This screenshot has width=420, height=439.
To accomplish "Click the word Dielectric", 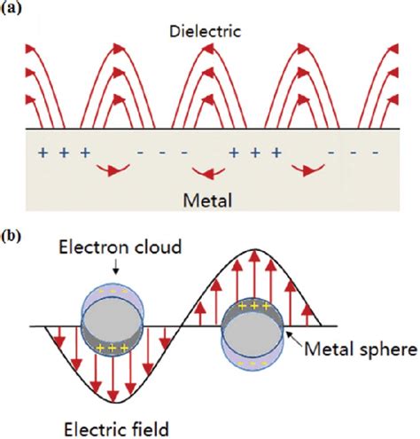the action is coord(206,31).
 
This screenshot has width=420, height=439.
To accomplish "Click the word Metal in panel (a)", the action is coord(207,200).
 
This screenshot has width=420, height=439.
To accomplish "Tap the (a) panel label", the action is coord(12,8).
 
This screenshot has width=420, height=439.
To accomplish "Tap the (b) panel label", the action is coord(12,236).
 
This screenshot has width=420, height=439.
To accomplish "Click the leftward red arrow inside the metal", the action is coord(208,172).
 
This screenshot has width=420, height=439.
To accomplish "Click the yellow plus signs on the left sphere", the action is coord(113,349).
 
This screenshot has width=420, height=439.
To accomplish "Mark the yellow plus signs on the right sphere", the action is coord(254,306).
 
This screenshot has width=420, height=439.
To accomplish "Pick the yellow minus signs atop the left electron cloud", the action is coord(113,292).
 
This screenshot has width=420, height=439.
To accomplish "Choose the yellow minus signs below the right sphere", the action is coord(253,363).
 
